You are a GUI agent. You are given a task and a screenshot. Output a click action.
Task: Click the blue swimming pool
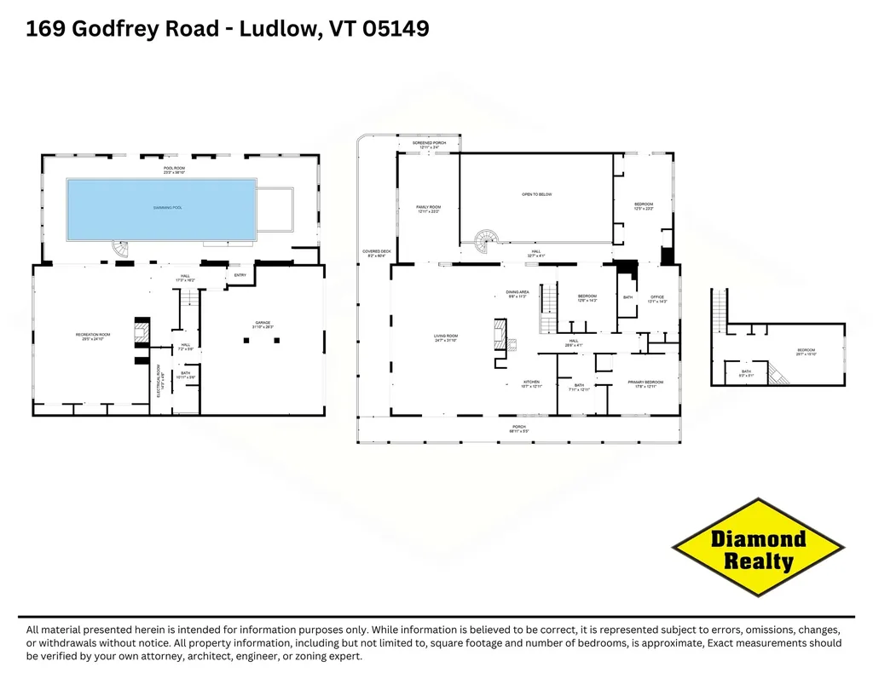(x=162, y=209)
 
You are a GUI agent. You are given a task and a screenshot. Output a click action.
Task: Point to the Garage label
(x=263, y=325)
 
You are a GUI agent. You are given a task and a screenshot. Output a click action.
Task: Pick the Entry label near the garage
(x=239, y=275)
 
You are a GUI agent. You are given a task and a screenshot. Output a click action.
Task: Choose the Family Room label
(x=428, y=209)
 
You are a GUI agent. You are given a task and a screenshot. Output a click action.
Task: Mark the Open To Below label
(x=537, y=194)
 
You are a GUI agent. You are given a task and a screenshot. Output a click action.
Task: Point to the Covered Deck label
(x=376, y=253)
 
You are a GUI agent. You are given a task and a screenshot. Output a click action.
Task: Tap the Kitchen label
(x=532, y=383)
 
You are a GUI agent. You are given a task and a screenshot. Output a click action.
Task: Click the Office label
(x=656, y=299)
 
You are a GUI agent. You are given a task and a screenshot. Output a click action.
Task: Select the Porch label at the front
(x=519, y=429)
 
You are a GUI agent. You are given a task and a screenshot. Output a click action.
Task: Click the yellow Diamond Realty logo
(x=759, y=548)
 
